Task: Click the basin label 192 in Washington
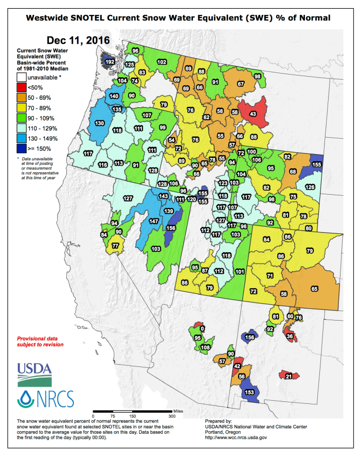pyautogui.click(x=110, y=62)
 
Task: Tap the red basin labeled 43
pyautogui.click(x=253, y=113)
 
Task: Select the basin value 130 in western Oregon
pyautogui.click(x=100, y=123)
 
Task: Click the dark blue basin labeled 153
pyautogui.click(x=249, y=392)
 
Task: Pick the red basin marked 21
pyautogui.click(x=289, y=377)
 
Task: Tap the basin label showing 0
pyautogui.click(x=202, y=328)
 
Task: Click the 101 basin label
pyautogui.click(x=240, y=271)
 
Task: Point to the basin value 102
pyautogui.click(x=161, y=62)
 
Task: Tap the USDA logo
pyautogui.click(x=34, y=374)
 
